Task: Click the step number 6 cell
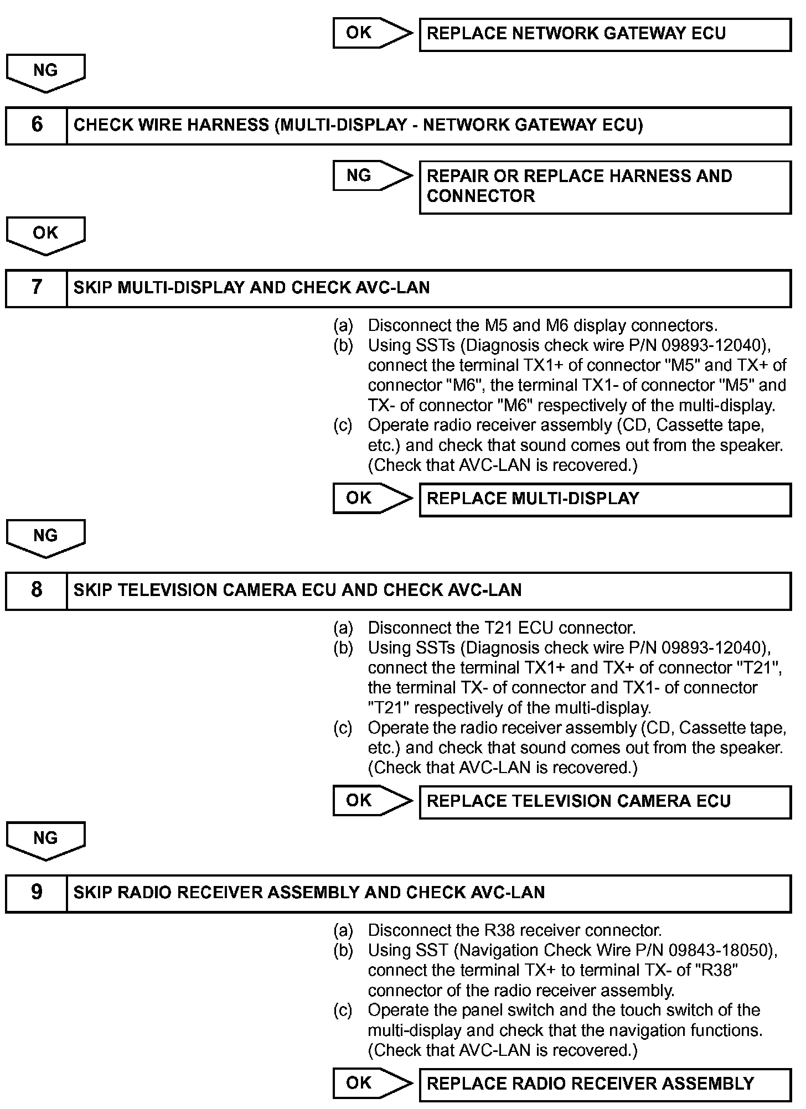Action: (x=37, y=126)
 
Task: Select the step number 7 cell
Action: (x=37, y=288)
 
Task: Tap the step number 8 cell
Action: (x=37, y=590)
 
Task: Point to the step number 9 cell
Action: (x=37, y=893)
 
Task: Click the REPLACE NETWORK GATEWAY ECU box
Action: (x=605, y=34)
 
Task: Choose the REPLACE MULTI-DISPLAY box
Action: (x=605, y=499)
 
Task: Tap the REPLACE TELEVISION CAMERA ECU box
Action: (x=605, y=802)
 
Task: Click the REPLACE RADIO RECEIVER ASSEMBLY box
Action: (x=605, y=1084)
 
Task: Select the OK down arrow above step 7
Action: (x=46, y=235)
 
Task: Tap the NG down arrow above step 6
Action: (x=46, y=72)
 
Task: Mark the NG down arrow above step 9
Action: (x=46, y=840)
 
